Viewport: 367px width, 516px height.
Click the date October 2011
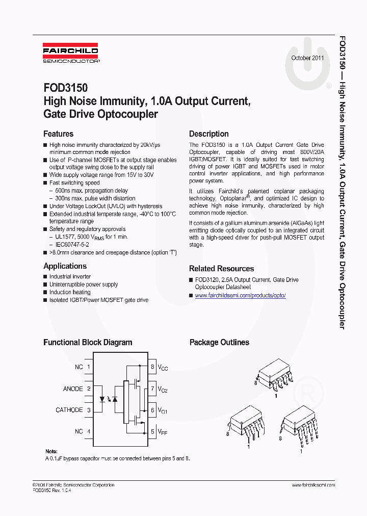307,58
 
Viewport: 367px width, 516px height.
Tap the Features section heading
58,134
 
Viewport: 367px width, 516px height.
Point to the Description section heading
209,134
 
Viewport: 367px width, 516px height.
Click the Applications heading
65,266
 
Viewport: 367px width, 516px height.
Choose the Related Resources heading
221,268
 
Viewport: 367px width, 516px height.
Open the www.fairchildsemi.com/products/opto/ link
240,295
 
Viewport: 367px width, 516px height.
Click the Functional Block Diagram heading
88,342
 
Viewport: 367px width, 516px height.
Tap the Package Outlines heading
219,342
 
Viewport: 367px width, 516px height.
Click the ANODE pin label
73,389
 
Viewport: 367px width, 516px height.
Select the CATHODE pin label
69,410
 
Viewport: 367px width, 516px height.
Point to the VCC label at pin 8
163,367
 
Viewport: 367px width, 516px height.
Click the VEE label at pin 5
163,432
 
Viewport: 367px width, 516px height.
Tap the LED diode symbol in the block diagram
104,399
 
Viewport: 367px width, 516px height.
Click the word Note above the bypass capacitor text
51,451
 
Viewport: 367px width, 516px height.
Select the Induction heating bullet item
70,292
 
